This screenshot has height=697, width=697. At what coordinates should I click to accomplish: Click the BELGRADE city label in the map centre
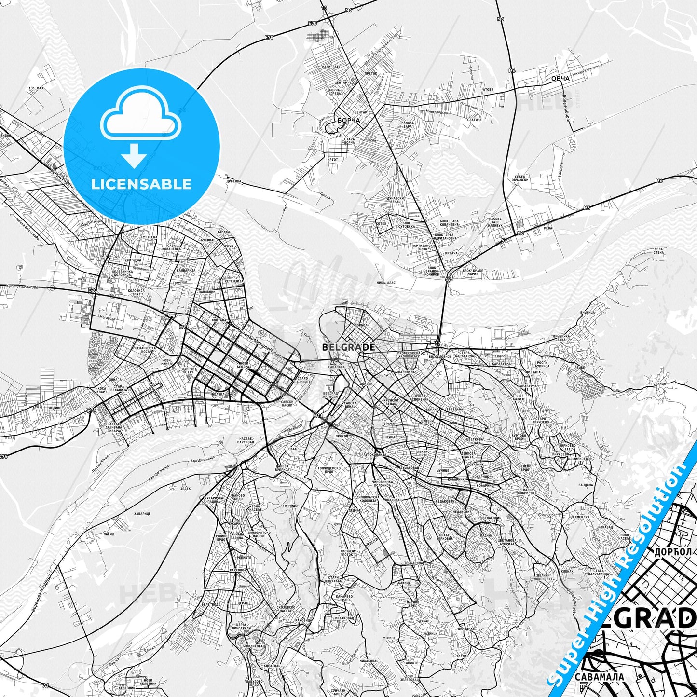[348, 347]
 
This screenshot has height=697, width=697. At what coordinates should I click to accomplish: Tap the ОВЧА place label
[560, 78]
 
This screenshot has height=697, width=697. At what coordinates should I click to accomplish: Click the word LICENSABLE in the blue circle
[141, 184]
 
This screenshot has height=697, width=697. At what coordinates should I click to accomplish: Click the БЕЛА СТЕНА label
[658, 251]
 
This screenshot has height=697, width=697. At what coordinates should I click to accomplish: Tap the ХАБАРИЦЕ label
[143, 514]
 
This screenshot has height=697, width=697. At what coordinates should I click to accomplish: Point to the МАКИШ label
[109, 534]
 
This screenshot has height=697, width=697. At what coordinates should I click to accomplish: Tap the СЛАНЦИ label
[659, 383]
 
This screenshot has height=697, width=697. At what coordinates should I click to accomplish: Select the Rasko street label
[372, 543]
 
